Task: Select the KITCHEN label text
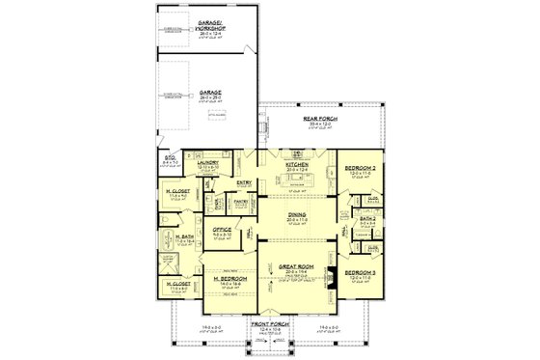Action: pos(296,165)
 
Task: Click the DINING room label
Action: pos(296,217)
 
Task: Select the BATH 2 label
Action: pos(368,218)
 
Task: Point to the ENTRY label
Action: pos(245,181)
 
